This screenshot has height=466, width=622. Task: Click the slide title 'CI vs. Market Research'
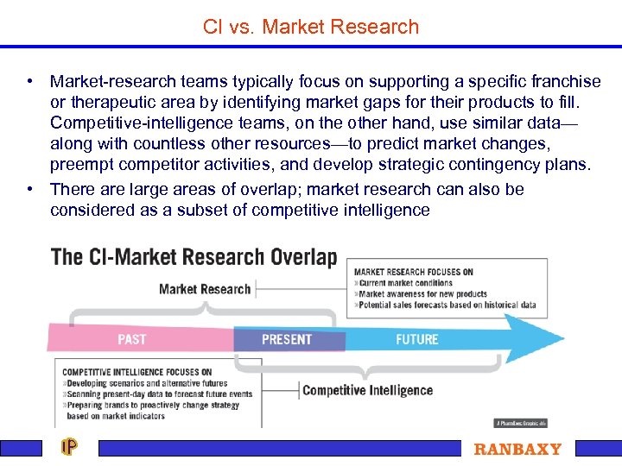(x=311, y=27)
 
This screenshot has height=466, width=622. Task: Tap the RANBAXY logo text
(x=517, y=449)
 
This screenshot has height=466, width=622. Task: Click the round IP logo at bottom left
(x=69, y=447)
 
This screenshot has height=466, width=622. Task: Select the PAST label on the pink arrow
(x=131, y=339)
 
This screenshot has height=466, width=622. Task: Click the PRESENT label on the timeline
(x=286, y=339)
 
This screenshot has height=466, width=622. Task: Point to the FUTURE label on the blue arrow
(x=417, y=339)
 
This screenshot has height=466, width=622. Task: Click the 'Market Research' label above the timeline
(x=205, y=289)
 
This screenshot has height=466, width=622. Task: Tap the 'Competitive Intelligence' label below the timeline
(x=367, y=390)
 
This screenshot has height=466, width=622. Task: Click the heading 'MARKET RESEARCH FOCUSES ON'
(x=413, y=273)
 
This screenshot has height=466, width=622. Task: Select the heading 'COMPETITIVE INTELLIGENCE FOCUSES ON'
(x=136, y=372)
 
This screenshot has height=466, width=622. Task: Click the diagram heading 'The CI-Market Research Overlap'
(x=194, y=257)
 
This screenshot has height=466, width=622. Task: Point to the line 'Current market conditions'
(x=405, y=283)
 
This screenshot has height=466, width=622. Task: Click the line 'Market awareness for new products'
(x=422, y=294)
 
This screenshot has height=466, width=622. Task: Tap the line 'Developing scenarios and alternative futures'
(x=146, y=383)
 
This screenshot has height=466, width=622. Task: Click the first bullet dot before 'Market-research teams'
(x=30, y=82)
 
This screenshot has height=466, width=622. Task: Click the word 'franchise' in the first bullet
(x=568, y=82)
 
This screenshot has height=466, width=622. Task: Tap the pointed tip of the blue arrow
(x=562, y=340)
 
